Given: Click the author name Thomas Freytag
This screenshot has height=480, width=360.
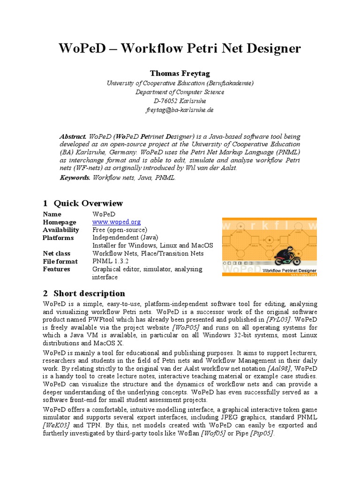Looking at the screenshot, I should tap(180, 74).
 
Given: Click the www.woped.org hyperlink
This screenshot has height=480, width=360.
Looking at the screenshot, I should tap(116, 222).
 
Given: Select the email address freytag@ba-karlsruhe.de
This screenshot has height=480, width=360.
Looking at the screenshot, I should tap(180, 110).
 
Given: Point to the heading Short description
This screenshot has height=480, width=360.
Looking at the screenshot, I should tap(89, 293).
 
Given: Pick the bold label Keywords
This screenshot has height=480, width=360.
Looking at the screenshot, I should tap(75, 178).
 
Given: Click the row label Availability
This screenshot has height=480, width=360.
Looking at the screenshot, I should tap(61, 230).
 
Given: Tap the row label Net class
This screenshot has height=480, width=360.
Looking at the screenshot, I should tap(57, 254).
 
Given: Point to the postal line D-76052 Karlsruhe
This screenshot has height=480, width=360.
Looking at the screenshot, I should tap(180, 101).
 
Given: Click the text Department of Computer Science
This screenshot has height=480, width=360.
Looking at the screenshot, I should tap(180, 92).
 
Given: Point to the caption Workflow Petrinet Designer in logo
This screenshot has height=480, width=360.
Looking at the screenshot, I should tap(289, 270).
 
